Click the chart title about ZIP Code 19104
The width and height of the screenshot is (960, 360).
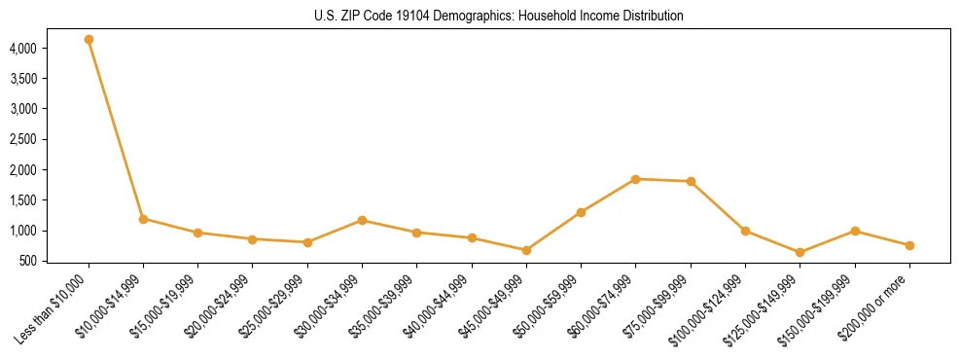click(480, 17)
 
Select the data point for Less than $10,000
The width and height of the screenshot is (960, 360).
click(89, 40)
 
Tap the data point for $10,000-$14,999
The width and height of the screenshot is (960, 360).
click(143, 219)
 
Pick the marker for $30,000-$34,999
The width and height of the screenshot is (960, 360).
click(362, 221)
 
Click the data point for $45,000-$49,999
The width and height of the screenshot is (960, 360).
click(526, 250)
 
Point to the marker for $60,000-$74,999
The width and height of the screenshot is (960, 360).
click(635, 179)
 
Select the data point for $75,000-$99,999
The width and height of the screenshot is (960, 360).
click(691, 182)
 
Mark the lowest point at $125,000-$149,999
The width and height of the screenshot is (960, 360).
click(800, 252)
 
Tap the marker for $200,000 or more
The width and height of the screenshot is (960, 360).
click(909, 245)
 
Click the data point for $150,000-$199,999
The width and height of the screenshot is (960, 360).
click(855, 231)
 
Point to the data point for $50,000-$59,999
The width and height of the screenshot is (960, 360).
click(581, 212)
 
